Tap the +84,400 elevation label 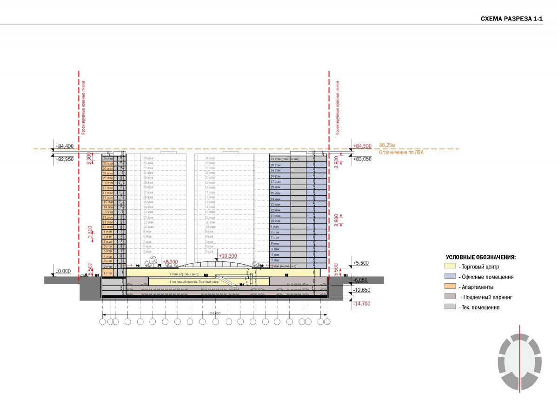64,146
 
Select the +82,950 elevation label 64,159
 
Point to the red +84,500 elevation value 362,146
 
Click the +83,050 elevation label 362,159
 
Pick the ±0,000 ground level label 62,271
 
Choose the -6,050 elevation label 361,280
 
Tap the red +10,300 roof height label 228,256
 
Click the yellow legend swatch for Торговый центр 450,267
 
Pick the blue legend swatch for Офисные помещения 450,277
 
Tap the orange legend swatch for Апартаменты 450,287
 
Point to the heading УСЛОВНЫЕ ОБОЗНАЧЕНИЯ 480,257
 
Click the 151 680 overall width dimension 214,313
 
